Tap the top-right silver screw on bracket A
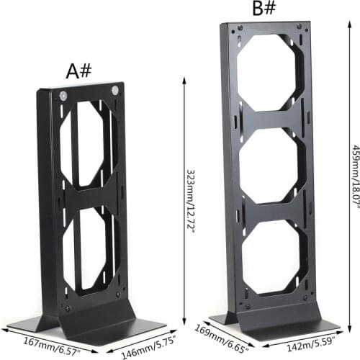(x=114, y=91)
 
